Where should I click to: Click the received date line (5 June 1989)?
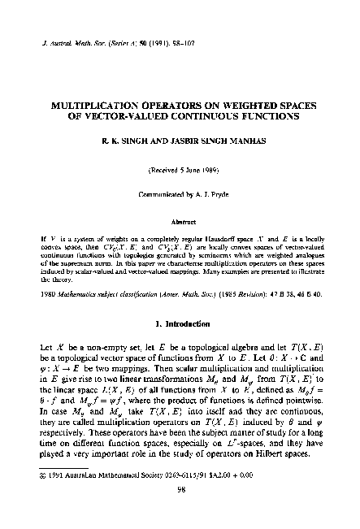(180, 170)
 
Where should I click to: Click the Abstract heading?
(180, 220)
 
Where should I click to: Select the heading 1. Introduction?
(180, 322)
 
